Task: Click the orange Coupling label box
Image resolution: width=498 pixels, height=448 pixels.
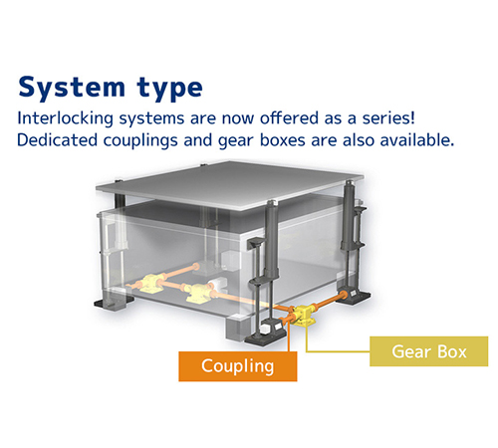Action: [x=238, y=366]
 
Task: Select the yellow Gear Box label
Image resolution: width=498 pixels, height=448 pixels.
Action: [x=429, y=351]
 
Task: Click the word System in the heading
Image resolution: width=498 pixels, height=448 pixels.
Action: [x=72, y=88]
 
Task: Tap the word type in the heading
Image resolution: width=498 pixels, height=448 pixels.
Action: [x=169, y=89]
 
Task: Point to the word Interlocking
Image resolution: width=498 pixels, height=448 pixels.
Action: [x=66, y=118]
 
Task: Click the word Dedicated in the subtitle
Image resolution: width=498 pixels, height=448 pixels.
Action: [x=57, y=140]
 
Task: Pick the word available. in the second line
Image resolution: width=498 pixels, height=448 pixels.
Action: [x=417, y=140]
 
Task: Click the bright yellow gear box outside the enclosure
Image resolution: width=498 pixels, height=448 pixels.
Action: [x=303, y=316]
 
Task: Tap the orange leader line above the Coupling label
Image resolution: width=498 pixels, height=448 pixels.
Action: [x=289, y=336]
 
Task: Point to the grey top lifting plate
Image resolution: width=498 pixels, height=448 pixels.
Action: [x=230, y=186]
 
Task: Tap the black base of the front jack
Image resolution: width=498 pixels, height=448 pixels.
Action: [x=266, y=336]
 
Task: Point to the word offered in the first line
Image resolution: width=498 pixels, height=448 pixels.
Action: [x=289, y=118]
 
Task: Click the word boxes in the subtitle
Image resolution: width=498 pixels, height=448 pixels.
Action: [x=283, y=140]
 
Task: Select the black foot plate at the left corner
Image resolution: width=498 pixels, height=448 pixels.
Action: [x=113, y=304]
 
